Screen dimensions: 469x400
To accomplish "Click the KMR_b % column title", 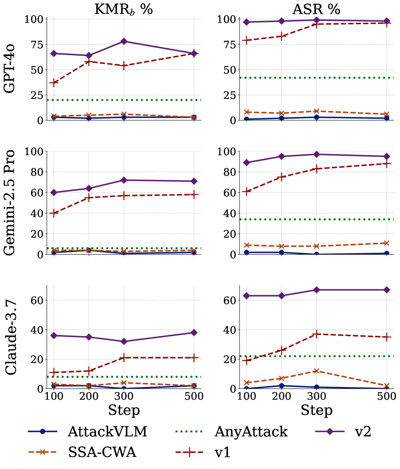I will click(123, 9).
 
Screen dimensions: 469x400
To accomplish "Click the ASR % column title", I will click(317, 9).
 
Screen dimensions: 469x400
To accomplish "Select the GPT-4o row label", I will click(11, 69).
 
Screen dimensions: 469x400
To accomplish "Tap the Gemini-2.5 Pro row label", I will click(11, 202).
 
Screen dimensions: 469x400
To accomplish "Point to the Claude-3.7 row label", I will click(11, 337).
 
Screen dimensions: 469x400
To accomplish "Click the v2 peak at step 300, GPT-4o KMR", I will click(124, 41).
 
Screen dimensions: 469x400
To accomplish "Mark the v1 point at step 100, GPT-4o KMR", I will click(54, 82).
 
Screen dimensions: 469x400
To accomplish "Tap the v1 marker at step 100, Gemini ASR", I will click(246, 192).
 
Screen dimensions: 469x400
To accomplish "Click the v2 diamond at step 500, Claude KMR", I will click(194, 333).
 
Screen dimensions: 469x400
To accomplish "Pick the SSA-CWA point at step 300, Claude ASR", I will click(317, 371).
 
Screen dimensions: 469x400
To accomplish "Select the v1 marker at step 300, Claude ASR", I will click(317, 334).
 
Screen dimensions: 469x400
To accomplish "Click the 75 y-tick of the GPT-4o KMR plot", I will click(34, 44).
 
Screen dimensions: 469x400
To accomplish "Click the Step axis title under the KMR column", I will click(124, 410).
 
